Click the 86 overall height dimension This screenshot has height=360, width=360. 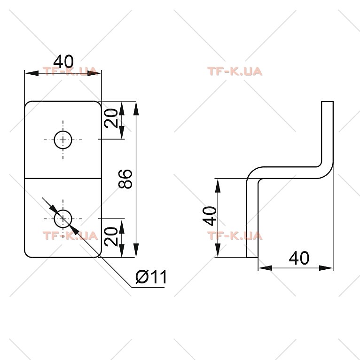click(125, 179)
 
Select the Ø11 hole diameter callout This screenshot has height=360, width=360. click(151, 277)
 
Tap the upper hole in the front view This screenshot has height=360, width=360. click(63, 140)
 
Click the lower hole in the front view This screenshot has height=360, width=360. click(63, 219)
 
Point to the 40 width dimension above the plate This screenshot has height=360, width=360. click(63, 62)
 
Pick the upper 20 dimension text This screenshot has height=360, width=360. click(110, 118)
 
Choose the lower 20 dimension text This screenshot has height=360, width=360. click(110, 236)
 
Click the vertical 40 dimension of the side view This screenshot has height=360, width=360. click(210, 216)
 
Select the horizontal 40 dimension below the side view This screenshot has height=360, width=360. click(299, 258)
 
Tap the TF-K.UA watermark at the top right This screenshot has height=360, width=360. click(235, 71)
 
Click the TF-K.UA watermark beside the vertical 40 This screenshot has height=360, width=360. click(235, 236)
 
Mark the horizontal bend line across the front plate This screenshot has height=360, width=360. click(63, 178)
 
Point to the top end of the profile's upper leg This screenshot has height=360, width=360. click(327, 102)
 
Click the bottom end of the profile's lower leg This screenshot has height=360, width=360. click(252, 258)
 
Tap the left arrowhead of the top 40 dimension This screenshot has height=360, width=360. click(31, 73)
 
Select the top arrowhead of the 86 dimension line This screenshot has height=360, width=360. click(136, 108)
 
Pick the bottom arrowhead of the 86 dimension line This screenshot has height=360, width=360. click(136, 250)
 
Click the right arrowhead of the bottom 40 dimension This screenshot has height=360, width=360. click(326, 268)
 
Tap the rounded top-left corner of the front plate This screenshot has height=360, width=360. click(27, 104)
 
